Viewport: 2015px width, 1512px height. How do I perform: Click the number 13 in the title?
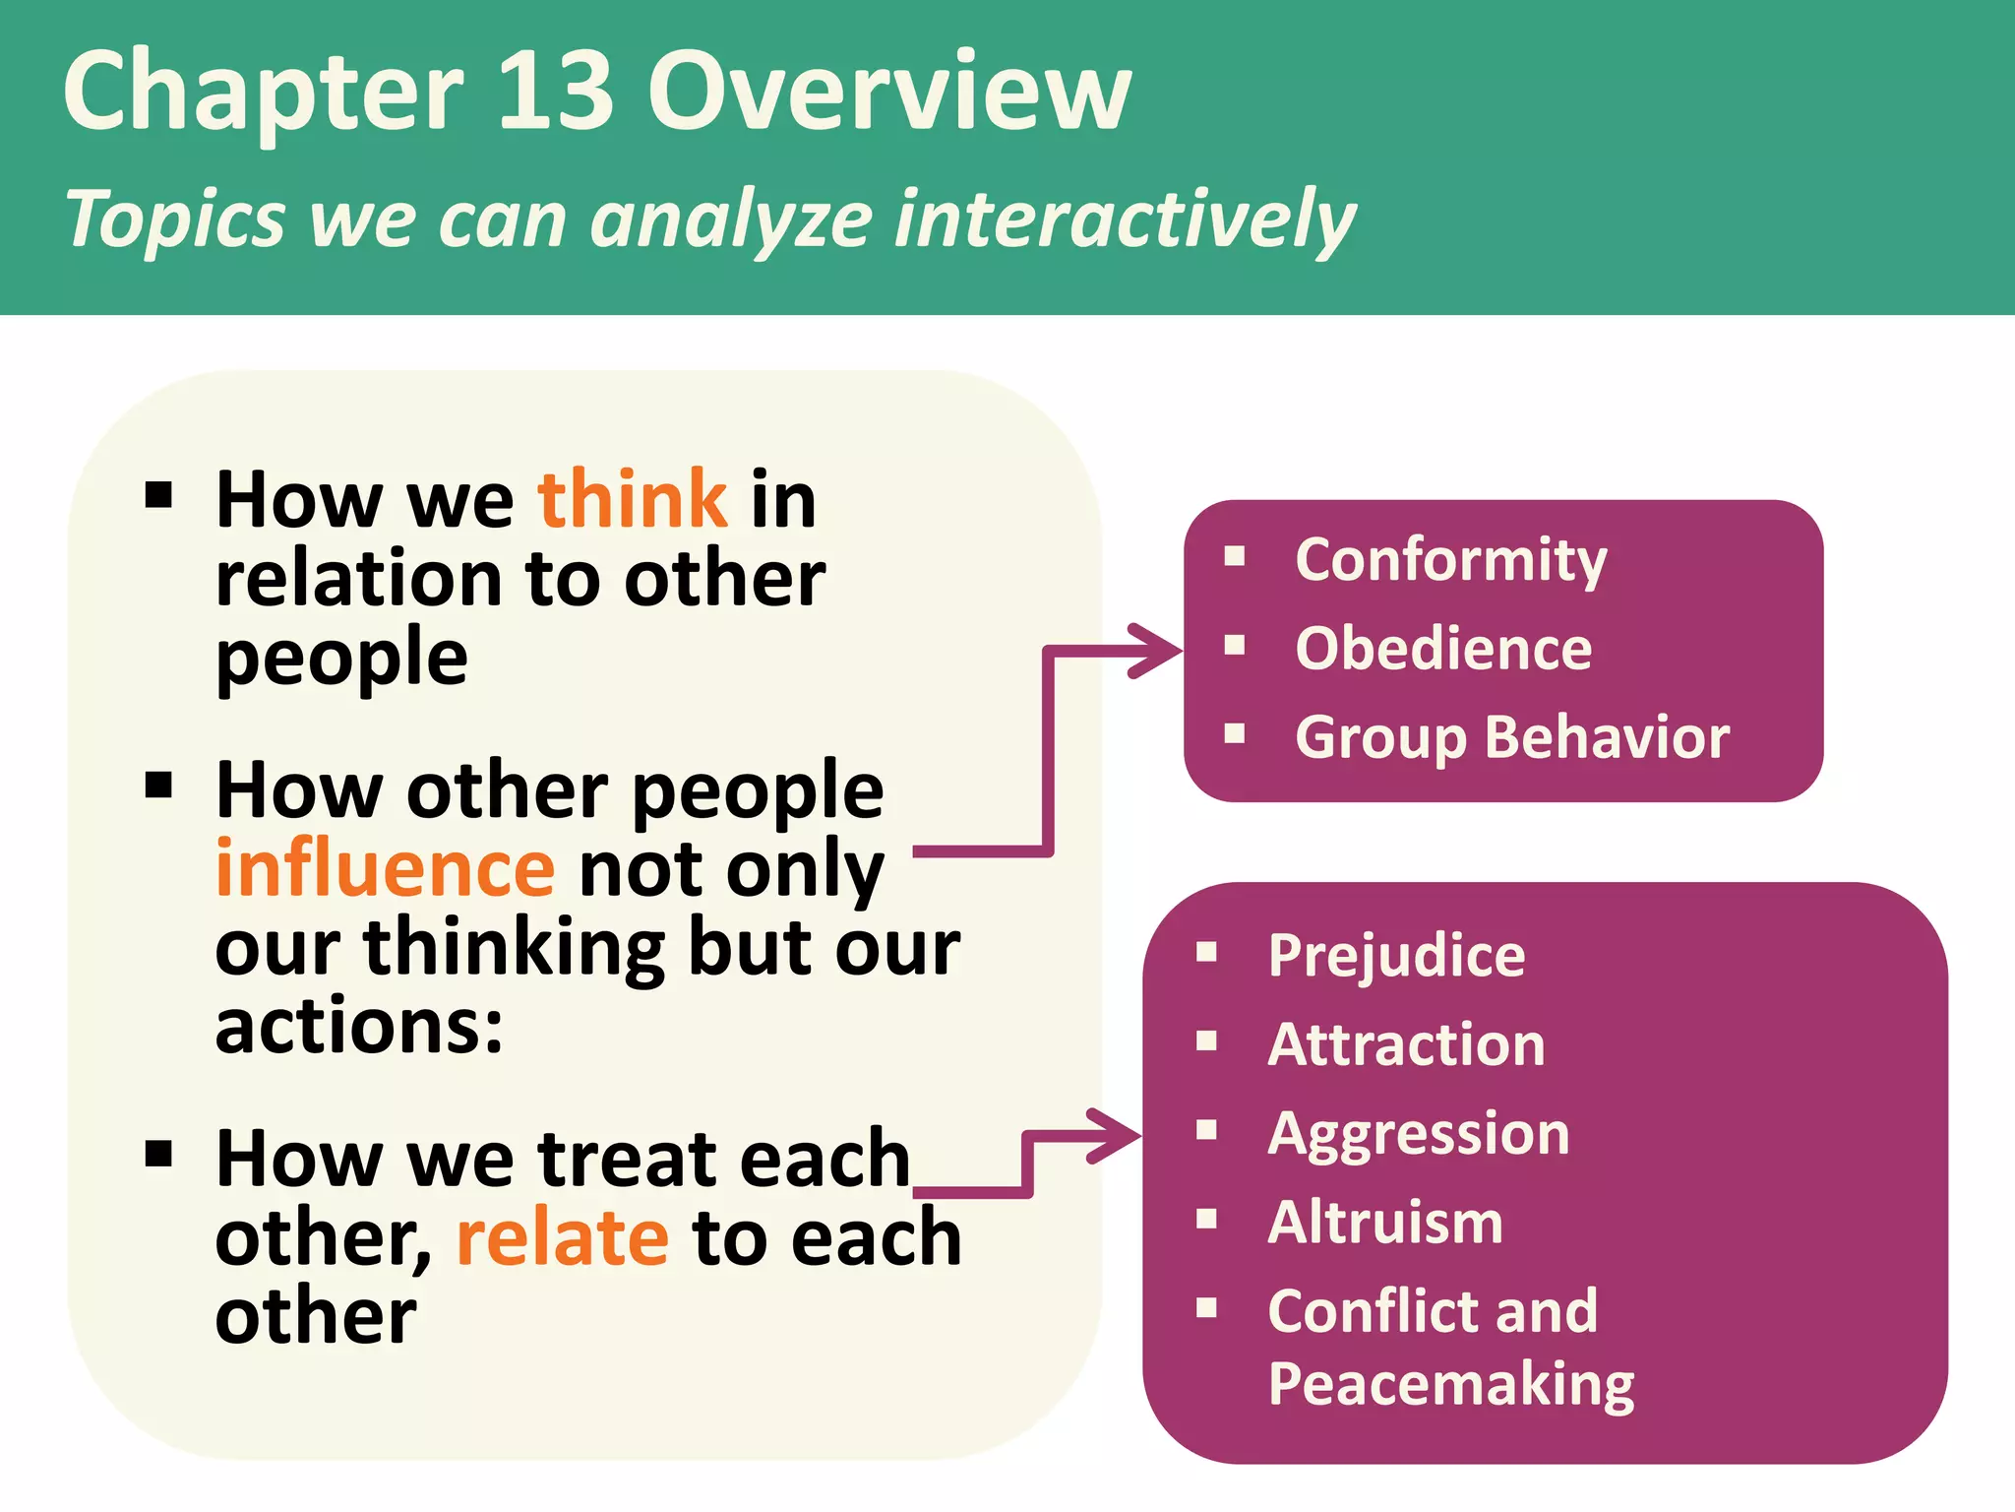pos(557,92)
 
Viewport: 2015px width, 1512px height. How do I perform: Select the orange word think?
pos(633,500)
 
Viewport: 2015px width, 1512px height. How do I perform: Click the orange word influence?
pos(386,869)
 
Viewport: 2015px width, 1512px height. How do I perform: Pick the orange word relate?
pos(563,1238)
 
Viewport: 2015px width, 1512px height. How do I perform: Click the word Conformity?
pos(1451,561)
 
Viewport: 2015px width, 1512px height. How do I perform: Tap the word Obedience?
pos(1443,650)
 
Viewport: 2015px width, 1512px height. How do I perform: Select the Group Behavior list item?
pos(1512,738)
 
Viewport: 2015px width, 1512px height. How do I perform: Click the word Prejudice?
pos(1396,956)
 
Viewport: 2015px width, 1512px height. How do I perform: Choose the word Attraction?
pos(1406,1045)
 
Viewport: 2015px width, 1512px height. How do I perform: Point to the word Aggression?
pos(1418,1134)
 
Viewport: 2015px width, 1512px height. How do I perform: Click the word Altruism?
pos(1385,1223)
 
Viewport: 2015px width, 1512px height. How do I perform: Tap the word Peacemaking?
pos(1451,1385)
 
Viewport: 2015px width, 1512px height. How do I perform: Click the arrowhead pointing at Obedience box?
pos(1156,651)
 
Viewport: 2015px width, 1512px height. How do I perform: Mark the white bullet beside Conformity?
pos(1235,557)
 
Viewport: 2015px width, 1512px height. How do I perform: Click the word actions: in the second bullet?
pos(359,1027)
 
